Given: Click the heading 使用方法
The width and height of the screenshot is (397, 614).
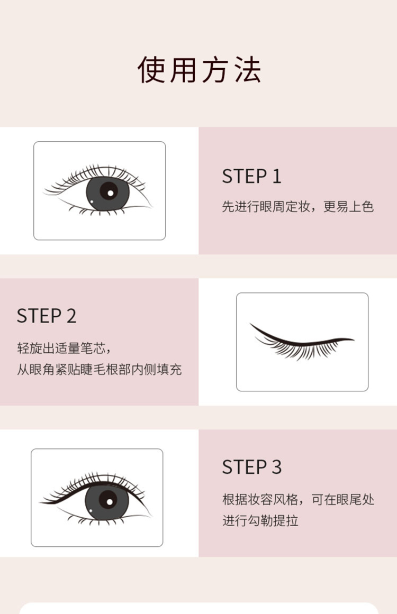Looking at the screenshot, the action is (x=199, y=70).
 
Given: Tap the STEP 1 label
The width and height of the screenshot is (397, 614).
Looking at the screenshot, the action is (x=251, y=176).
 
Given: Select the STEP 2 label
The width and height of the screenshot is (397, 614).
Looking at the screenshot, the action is (x=46, y=316).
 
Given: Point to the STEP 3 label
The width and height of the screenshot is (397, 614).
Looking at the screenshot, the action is (x=251, y=467).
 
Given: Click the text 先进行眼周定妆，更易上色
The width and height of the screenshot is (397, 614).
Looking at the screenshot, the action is (x=298, y=206).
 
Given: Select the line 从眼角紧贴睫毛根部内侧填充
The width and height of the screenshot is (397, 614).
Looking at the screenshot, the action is (x=99, y=369).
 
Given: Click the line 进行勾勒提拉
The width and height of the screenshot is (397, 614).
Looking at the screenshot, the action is (x=260, y=520).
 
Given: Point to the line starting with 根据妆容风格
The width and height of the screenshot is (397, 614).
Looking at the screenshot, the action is (x=298, y=499).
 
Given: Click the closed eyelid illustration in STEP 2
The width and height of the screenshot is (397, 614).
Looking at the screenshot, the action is (x=302, y=342).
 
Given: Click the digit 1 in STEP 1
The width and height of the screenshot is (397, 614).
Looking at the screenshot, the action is (x=277, y=176).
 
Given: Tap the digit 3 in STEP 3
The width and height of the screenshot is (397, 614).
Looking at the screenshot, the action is (x=277, y=467).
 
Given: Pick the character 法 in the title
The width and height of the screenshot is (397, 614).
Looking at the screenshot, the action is (x=248, y=70).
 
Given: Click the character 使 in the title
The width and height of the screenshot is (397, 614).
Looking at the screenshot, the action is (x=151, y=70).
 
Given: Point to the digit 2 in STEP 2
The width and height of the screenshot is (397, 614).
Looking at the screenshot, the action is (x=71, y=316).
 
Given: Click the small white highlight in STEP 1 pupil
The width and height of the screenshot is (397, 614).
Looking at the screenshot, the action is (x=111, y=193).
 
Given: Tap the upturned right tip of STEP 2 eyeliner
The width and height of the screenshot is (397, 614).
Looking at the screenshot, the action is (x=353, y=340).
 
